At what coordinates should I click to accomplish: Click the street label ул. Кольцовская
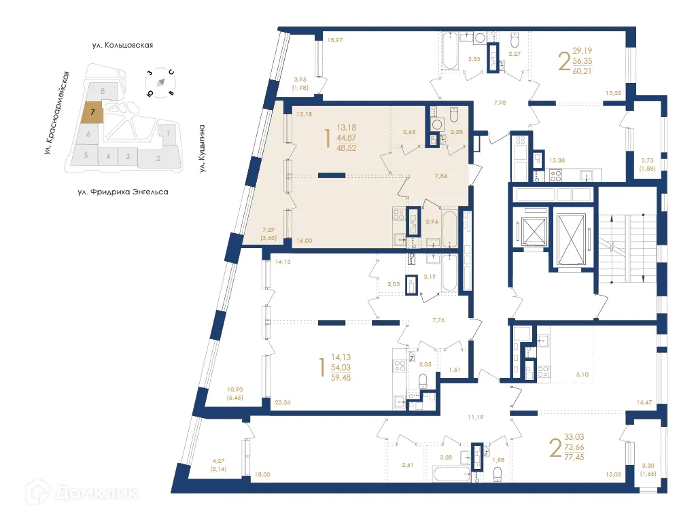pyautogui.click(x=122, y=46)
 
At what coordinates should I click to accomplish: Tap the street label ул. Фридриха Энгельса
pyautogui.click(x=123, y=192)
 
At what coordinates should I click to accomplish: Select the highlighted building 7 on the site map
pyautogui.click(x=92, y=112)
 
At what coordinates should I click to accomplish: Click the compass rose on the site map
pyautogui.click(x=160, y=82)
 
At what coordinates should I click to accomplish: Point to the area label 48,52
pyautogui.click(x=346, y=148)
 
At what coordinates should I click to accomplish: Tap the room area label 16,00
pyautogui.click(x=304, y=241)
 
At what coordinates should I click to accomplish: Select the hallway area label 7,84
pyautogui.click(x=440, y=176)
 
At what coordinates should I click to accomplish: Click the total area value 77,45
pyautogui.click(x=574, y=457)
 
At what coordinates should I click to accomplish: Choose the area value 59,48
pyautogui.click(x=341, y=378)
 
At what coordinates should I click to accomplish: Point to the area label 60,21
pyautogui.click(x=582, y=71)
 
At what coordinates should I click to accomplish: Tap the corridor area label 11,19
pyautogui.click(x=475, y=417)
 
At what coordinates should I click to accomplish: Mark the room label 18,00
pyautogui.click(x=262, y=474)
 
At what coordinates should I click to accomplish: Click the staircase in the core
pyautogui.click(x=627, y=249)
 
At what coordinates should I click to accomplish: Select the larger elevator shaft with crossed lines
pyautogui.click(x=571, y=240)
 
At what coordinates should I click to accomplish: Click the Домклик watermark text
pyautogui.click(x=97, y=493)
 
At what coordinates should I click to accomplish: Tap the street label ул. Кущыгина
pyautogui.click(x=202, y=148)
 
